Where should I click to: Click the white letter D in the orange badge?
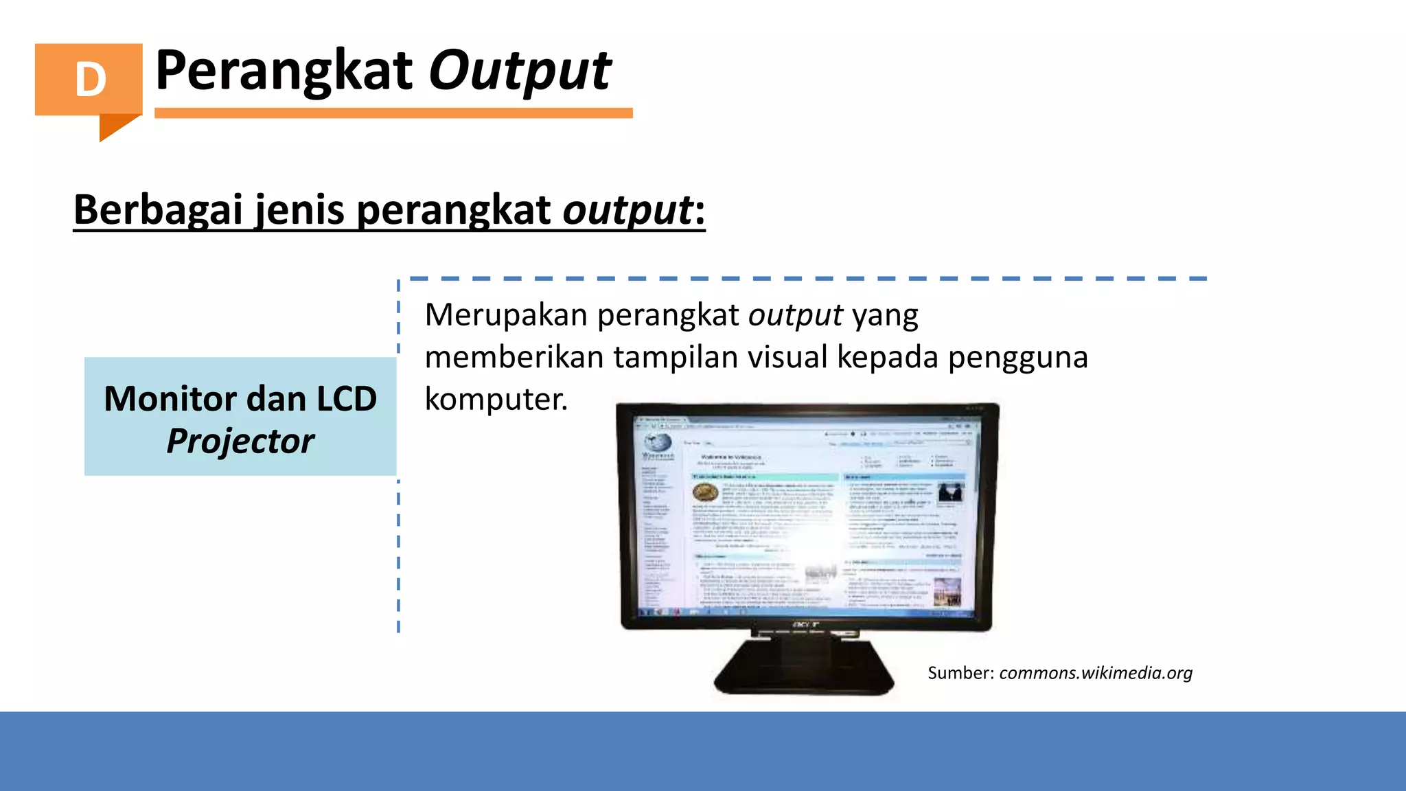(x=91, y=80)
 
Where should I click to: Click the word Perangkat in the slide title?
(x=284, y=71)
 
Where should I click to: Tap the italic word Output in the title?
(x=520, y=71)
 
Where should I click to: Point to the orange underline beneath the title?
(x=393, y=113)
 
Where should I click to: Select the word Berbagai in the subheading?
(x=157, y=209)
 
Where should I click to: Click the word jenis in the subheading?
(x=299, y=209)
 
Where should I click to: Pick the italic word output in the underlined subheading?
(x=627, y=209)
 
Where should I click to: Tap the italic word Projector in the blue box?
(x=240, y=441)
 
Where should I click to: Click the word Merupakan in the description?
(x=506, y=315)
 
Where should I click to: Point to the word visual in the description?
(x=787, y=357)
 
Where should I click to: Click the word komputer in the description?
(x=494, y=399)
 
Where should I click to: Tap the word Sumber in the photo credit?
(x=958, y=673)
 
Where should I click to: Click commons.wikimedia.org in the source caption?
(x=1096, y=673)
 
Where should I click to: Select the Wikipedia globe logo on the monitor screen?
(x=656, y=443)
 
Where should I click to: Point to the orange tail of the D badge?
(x=117, y=126)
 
